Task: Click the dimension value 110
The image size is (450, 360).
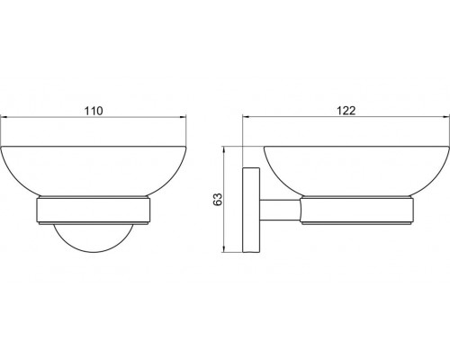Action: [94, 111]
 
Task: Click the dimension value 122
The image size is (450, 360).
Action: [346, 111]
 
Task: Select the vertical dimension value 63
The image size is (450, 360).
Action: [218, 199]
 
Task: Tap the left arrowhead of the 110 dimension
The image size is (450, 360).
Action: [4, 117]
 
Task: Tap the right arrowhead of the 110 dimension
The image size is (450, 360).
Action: [183, 117]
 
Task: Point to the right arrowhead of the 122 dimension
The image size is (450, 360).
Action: [445, 117]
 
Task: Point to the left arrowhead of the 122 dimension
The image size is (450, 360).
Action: [246, 117]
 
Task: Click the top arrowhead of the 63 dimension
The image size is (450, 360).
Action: [223, 150]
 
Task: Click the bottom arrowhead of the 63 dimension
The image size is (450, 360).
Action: [223, 249]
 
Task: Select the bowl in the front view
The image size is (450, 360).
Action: [94, 172]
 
